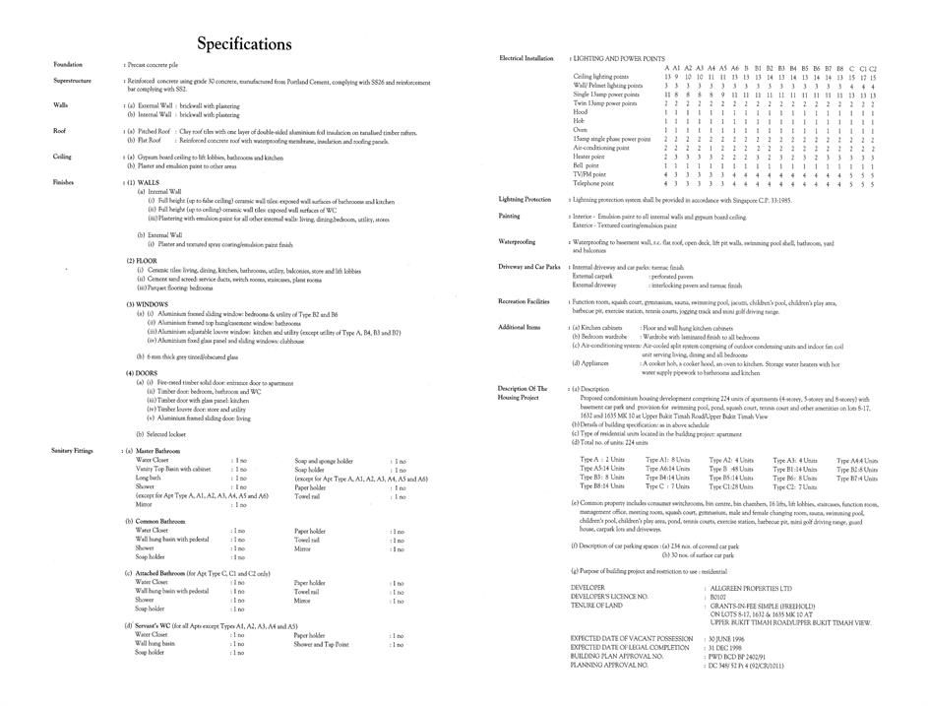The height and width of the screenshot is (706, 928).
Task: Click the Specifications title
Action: click(x=244, y=43)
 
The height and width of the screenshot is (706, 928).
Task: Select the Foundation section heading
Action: click(x=68, y=64)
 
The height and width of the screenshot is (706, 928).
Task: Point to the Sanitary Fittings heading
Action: click(x=73, y=450)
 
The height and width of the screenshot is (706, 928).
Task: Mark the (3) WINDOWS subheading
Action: click(x=148, y=304)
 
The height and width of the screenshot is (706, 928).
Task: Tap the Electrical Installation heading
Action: click(x=526, y=58)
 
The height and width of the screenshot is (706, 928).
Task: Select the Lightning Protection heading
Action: click(x=525, y=199)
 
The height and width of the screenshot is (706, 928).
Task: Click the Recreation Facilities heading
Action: click(x=524, y=300)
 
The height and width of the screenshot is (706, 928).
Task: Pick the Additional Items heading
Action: click(x=520, y=327)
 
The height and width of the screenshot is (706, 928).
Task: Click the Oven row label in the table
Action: click(x=580, y=130)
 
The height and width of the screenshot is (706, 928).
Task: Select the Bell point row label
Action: click(x=587, y=165)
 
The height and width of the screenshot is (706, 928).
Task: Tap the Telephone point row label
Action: click(x=592, y=183)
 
